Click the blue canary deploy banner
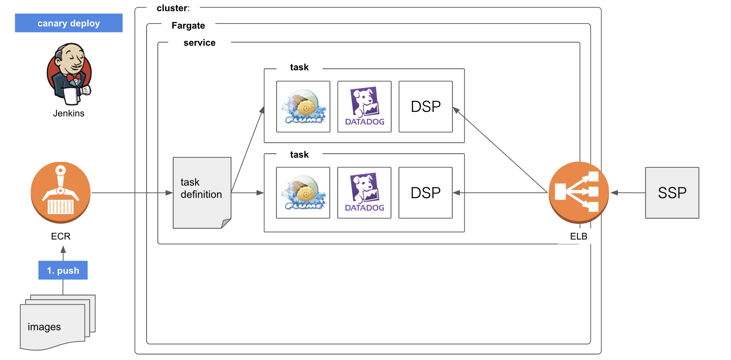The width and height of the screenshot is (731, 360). [x=69, y=23]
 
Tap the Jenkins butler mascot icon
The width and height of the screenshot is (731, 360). [x=69, y=74]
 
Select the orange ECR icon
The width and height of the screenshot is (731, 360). [x=61, y=192]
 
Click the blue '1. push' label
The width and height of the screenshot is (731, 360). [x=63, y=270]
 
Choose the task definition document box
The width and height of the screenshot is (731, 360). [x=202, y=192]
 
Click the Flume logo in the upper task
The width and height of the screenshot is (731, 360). [x=303, y=107]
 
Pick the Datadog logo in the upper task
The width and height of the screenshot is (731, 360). [x=364, y=107]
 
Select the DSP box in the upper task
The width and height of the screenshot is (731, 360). [x=426, y=107]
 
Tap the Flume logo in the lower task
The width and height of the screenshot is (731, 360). [x=303, y=193]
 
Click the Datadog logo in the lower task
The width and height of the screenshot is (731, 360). [x=364, y=193]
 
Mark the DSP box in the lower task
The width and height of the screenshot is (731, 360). [x=426, y=193]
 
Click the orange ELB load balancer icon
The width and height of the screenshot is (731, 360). [x=579, y=192]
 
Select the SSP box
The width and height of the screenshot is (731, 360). [x=672, y=193]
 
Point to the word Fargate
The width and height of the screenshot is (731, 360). [x=188, y=26]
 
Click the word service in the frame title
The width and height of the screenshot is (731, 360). [x=199, y=43]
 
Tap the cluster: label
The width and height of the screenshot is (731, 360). [x=173, y=8]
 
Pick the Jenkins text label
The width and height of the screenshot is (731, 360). [x=69, y=113]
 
